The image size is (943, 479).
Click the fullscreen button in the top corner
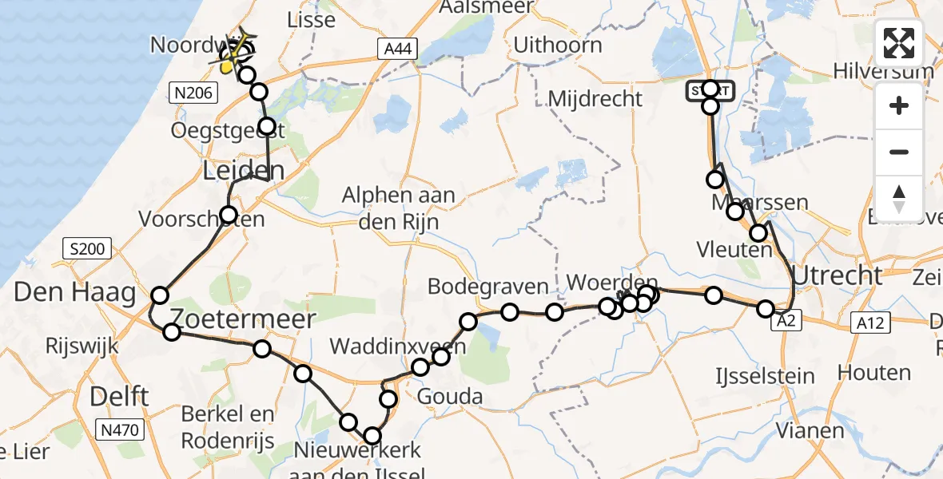[x=899, y=43]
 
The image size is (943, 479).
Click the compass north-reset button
[x=899, y=198]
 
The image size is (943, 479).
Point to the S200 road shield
[x=86, y=249]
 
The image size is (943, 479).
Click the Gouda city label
[x=451, y=397]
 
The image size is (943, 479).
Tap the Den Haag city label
[x=75, y=293]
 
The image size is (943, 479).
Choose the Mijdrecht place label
[x=596, y=99]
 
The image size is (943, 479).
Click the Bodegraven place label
[x=488, y=286]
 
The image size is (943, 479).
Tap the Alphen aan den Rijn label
[x=399, y=208]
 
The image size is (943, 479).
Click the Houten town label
[x=874, y=372]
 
